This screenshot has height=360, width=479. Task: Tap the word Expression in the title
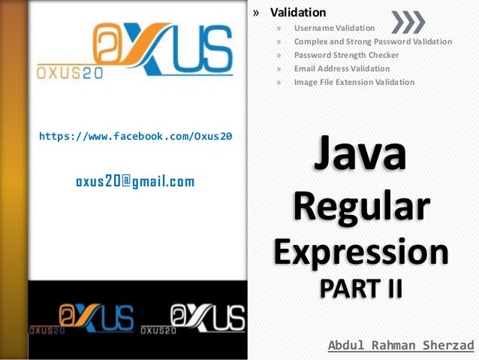click(x=360, y=251)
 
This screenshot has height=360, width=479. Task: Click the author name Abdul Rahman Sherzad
click(x=401, y=346)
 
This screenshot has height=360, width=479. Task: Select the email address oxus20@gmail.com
click(x=135, y=181)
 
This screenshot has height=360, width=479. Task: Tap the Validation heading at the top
click(x=298, y=12)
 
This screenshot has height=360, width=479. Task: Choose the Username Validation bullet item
click(x=334, y=28)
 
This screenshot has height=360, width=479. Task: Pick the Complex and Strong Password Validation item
click(x=372, y=41)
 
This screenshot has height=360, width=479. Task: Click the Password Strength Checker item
click(x=346, y=55)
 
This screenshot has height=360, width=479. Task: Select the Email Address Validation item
click(x=342, y=68)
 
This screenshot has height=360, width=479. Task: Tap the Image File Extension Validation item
click(x=354, y=82)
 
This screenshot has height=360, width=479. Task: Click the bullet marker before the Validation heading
click(x=256, y=13)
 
